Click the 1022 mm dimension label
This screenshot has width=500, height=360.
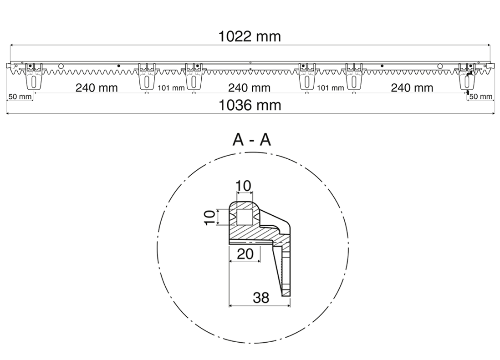250,36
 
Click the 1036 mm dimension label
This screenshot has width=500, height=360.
250,106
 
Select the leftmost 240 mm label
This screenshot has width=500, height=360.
97,87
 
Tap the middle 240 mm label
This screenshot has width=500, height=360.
249,87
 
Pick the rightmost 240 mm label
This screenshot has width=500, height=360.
412,87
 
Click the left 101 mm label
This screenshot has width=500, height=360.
171,88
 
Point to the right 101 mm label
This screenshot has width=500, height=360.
330,88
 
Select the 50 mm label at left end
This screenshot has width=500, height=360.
20,96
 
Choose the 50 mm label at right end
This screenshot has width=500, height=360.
481,96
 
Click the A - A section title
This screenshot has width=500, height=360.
251,140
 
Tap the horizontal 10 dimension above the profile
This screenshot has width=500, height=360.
243,186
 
